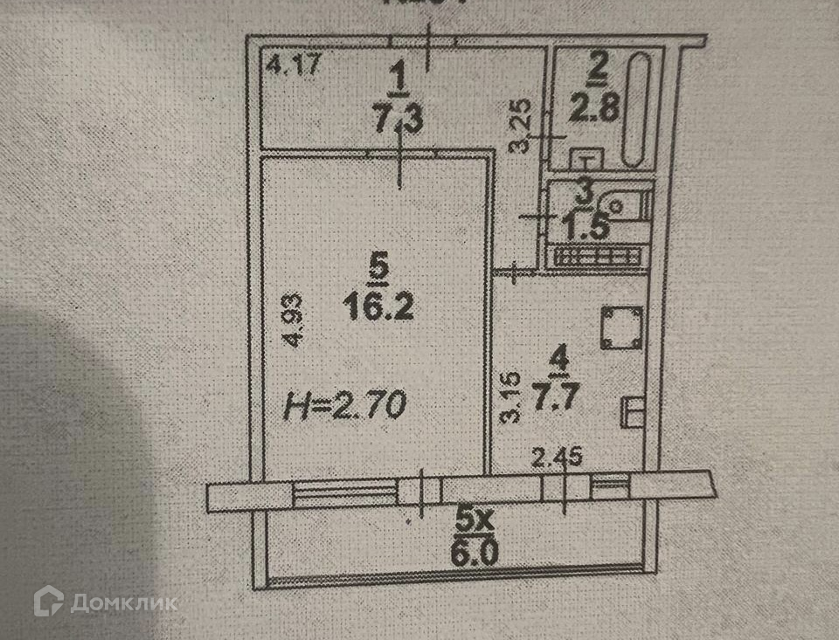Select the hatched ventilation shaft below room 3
click(x=599, y=255)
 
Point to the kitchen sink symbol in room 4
click(x=632, y=412)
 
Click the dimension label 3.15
click(x=514, y=398)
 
